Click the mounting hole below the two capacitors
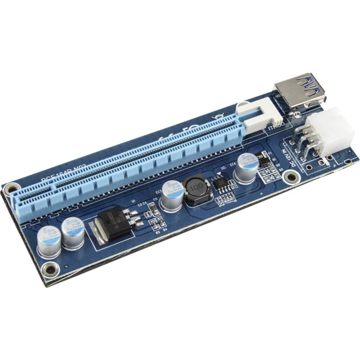coord(51,269)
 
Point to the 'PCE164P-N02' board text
coord(63,173)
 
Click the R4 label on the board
coord(165,229)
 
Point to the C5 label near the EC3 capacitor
coord(155,199)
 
